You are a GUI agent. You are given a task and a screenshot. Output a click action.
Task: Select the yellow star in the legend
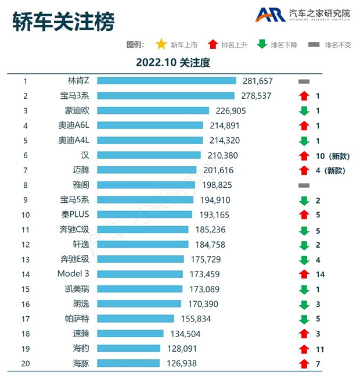click(x=161, y=44)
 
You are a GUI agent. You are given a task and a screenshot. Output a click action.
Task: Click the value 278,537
click(x=255, y=96)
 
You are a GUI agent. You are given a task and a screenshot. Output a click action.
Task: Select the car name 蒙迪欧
click(x=77, y=110)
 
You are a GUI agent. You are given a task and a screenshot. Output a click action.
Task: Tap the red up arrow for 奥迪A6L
click(x=303, y=126)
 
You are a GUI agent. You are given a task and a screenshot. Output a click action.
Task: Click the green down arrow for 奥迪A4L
click(x=303, y=140)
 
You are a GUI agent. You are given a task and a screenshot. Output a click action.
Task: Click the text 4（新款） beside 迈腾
click(x=330, y=170)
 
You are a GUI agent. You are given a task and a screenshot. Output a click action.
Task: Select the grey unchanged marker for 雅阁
click(x=303, y=185)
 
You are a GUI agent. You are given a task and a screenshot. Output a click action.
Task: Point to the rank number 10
click(x=26, y=214)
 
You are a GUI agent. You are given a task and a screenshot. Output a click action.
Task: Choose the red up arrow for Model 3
click(x=303, y=274)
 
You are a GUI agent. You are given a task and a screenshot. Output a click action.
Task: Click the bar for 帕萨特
click(x=136, y=319)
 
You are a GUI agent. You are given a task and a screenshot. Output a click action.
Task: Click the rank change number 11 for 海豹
click(x=319, y=349)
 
